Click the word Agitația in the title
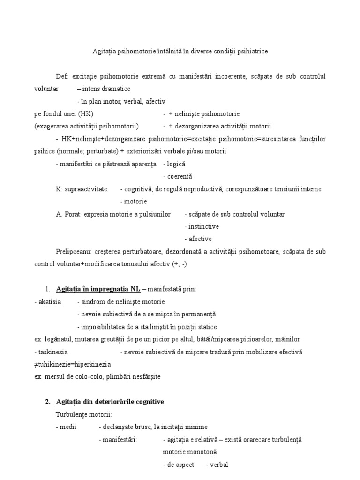point(102,52)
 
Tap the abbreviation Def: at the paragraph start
point(62,76)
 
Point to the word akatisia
point(47,301)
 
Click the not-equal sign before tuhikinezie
point(37,364)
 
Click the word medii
point(66,427)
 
